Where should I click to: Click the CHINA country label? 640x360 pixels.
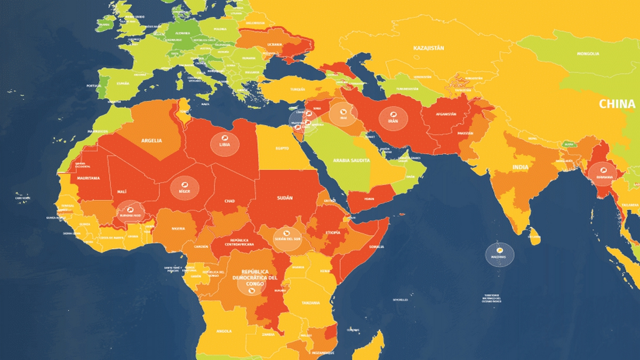(x=617, y=104)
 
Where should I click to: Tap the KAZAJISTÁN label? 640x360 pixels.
(x=428, y=48)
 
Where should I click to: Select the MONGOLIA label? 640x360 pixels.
(x=588, y=54)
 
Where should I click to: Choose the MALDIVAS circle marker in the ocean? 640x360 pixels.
(x=500, y=254)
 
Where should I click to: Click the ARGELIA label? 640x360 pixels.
(x=151, y=141)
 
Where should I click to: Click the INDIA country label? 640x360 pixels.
(x=521, y=167)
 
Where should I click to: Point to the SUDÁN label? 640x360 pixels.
(x=285, y=198)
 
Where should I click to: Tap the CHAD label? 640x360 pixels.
(x=229, y=201)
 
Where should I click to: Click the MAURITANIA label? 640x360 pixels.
(x=89, y=178)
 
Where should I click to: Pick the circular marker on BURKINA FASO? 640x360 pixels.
(x=130, y=212)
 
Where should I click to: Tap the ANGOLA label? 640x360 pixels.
(x=224, y=331)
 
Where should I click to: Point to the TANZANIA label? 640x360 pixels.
(x=310, y=302)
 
